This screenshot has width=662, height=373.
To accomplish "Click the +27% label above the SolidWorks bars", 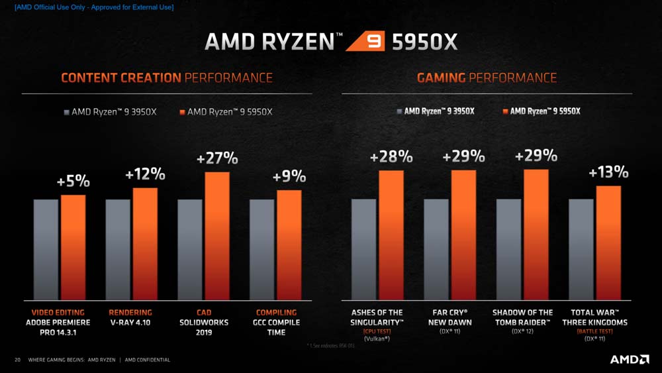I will point(217,159).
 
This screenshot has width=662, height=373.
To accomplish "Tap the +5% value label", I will point(73,182).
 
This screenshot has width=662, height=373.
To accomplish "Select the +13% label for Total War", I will point(608,173).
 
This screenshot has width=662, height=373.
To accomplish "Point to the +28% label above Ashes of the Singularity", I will point(391,157).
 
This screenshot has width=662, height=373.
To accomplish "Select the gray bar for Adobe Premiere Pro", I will point(46,248).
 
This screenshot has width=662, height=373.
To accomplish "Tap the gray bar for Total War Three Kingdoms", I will point(581,248).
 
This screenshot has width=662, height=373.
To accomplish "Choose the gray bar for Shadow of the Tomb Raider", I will point(508,248).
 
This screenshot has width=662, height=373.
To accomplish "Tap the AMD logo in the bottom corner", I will point(629,359).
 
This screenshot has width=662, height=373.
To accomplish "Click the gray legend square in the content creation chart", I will point(66,112).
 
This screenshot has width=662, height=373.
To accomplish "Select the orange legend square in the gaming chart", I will point(505,111).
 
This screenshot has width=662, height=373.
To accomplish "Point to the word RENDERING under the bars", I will point(130,313).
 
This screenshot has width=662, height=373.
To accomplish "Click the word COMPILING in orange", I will point(276,313).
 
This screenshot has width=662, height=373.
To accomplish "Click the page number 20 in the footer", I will point(18,360).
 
